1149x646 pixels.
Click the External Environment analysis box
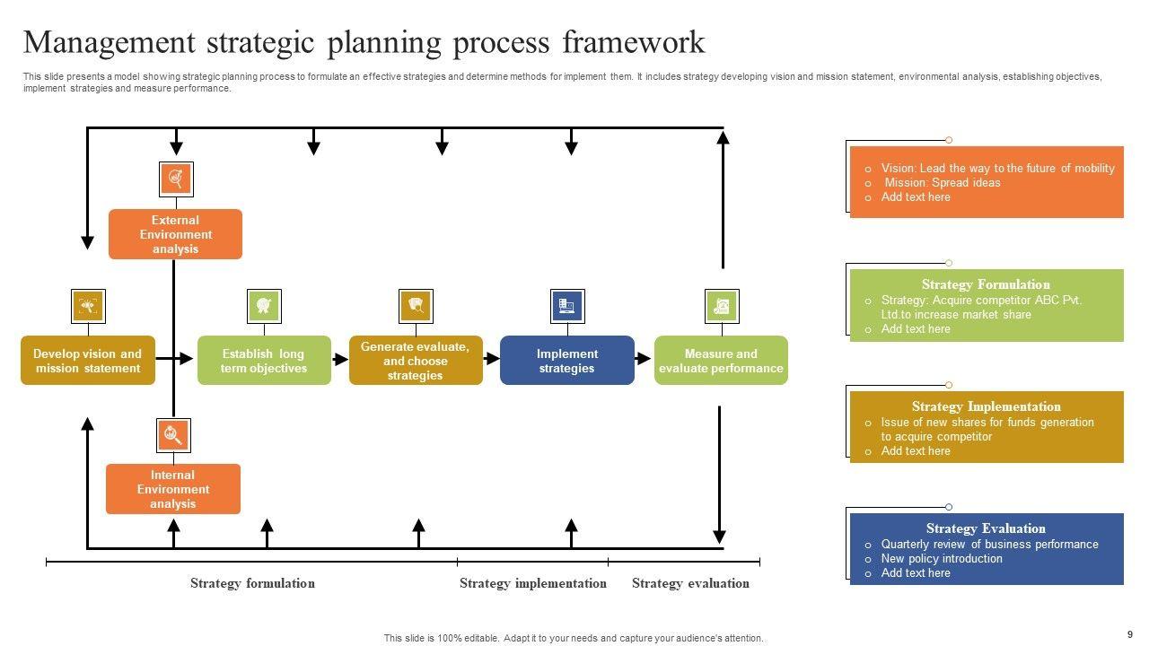pos(175,234)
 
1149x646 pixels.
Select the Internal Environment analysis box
pos(173,489)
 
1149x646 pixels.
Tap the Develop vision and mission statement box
pos(87,361)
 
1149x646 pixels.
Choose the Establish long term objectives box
pos(264,361)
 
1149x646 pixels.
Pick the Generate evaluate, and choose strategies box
pos(416,361)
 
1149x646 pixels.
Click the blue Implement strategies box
pos(566,361)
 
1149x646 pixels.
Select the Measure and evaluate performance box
pos(721,361)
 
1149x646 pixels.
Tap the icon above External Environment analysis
pos(176,179)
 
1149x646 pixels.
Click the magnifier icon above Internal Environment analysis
pos(173,435)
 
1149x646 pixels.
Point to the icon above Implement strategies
pos(567,306)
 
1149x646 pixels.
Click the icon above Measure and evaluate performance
pos(722,306)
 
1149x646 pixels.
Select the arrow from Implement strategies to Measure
pos(644,359)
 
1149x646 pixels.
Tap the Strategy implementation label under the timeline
pos(532,583)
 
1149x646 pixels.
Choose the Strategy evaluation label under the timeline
pos(690,583)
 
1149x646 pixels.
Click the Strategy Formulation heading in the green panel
pos(985,284)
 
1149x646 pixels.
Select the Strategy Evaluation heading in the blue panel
pos(986,528)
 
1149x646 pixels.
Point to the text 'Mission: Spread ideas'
pos(943,183)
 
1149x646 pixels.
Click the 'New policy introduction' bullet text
pos(942,559)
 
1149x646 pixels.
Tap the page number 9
pos(1130,634)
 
